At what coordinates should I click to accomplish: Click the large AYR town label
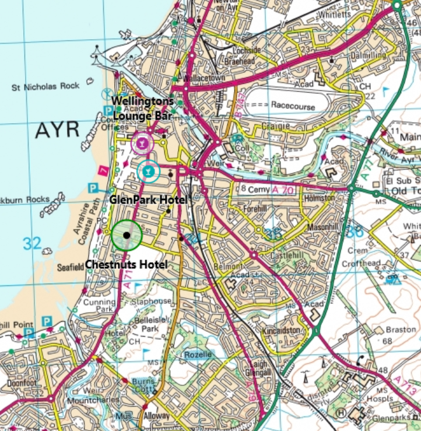(57, 129)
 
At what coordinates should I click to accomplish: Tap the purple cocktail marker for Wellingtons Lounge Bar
(141, 142)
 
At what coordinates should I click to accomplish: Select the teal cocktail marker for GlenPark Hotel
(149, 170)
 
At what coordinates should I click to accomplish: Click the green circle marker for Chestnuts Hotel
(127, 235)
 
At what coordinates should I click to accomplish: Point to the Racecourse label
(293, 107)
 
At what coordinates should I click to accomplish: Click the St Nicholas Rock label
(45, 86)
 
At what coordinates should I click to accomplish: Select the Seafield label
(72, 268)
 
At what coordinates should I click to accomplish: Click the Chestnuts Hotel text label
(127, 264)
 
